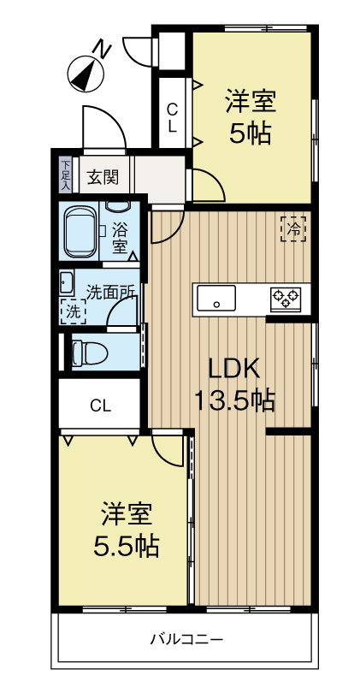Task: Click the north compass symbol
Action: pos(84,73)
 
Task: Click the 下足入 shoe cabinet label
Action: pos(66,173)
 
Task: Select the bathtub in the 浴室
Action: pos(82,231)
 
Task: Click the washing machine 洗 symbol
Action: pos(73,312)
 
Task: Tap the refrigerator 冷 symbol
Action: pos(292,229)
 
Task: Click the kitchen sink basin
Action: pos(217,299)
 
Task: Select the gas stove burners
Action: pos(286,299)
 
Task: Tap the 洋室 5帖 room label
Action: pos(249,116)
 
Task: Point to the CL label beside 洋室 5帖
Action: pos(172,117)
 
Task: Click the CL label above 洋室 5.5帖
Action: pos(101,406)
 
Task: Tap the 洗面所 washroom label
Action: pos(110,291)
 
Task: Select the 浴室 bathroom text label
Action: pos(120,236)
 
